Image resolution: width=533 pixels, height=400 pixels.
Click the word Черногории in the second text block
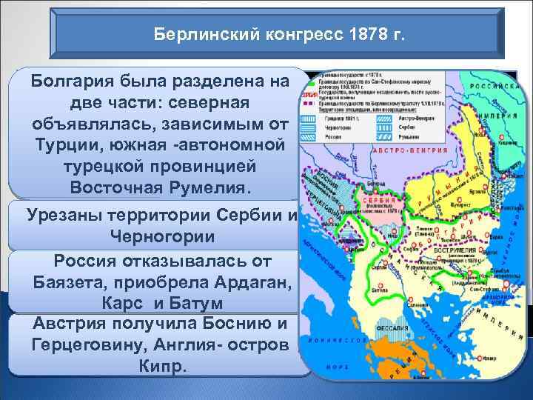pyautogui.click(x=162, y=236)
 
